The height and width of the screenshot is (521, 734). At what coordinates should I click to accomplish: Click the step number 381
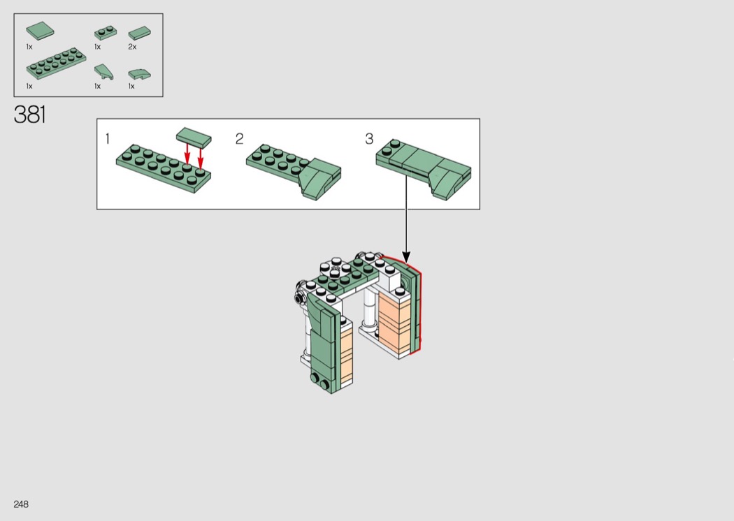click(x=30, y=115)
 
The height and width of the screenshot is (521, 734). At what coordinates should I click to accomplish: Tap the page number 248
click(x=21, y=504)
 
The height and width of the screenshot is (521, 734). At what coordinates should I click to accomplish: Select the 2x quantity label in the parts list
click(x=133, y=47)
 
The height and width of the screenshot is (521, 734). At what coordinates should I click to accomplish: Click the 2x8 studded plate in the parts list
click(x=56, y=64)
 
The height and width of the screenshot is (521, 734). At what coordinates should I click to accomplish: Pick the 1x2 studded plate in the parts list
click(x=106, y=33)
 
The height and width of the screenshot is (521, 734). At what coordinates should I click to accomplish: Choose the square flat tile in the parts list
click(x=40, y=31)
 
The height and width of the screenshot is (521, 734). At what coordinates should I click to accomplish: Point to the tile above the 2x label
click(x=140, y=34)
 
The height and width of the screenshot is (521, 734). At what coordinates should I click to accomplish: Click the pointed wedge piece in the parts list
click(x=103, y=71)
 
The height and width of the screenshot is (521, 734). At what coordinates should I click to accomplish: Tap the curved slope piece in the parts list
click(x=140, y=74)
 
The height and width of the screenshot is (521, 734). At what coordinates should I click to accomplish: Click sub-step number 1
click(x=108, y=139)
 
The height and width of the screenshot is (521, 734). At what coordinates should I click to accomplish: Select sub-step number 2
click(x=239, y=139)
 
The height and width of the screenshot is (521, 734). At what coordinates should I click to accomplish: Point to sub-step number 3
click(x=369, y=139)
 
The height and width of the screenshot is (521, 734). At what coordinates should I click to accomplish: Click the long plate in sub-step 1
click(x=164, y=168)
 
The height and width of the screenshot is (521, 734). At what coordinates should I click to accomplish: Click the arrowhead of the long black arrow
click(x=406, y=257)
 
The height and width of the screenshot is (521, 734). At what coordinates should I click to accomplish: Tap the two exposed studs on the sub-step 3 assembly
click(x=391, y=147)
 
